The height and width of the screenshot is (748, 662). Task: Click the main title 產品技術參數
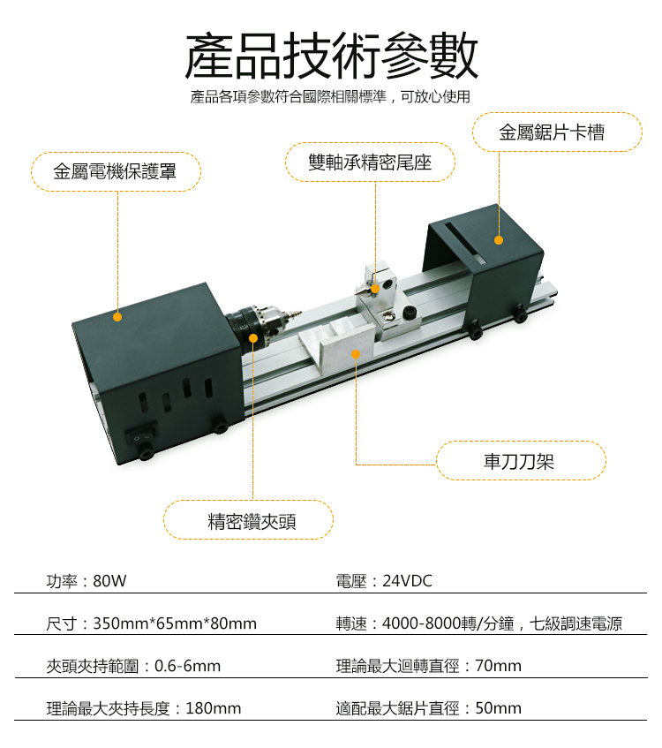pyautogui.click(x=331, y=56)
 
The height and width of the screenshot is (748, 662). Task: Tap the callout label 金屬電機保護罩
pyautogui.click(x=115, y=171)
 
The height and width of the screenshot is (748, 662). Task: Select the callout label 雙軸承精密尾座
pyautogui.click(x=370, y=162)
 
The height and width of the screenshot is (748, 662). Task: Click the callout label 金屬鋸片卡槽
pyautogui.click(x=552, y=132)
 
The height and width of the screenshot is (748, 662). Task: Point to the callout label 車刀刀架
pyautogui.click(x=519, y=461)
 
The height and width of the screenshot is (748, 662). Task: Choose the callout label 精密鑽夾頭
pyautogui.click(x=252, y=521)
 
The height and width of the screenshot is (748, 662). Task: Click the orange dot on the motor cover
pyautogui.click(x=117, y=317)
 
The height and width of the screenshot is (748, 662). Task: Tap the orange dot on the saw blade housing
pyautogui.click(x=499, y=240)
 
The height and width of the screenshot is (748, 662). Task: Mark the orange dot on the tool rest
pyautogui.click(x=356, y=354)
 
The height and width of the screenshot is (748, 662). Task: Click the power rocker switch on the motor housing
pyautogui.click(x=141, y=434)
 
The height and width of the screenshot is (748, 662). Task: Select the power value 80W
pyautogui.click(x=109, y=581)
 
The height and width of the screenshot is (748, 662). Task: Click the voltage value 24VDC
pyautogui.click(x=407, y=581)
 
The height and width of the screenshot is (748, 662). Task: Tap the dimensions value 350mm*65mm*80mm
pyautogui.click(x=175, y=623)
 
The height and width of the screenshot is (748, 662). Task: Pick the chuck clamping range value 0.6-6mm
pyautogui.click(x=187, y=666)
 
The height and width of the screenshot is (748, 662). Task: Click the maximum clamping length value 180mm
pyautogui.click(x=214, y=708)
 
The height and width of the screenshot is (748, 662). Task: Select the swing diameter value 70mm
pyautogui.click(x=499, y=666)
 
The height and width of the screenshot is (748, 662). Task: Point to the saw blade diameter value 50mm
pyautogui.click(x=499, y=708)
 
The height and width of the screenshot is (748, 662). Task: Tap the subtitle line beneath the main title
pyautogui.click(x=330, y=97)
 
